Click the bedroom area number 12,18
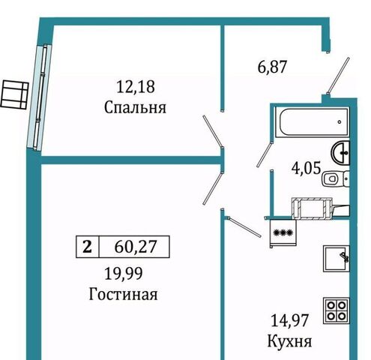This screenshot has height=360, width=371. (136, 87)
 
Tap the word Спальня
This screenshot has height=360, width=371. (135, 108)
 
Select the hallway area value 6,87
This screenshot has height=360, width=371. (272, 67)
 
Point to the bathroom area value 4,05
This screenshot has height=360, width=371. (306, 168)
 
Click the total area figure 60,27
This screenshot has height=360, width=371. (136, 247)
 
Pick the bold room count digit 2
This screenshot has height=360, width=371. (87, 247)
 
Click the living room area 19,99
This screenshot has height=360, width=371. (124, 273)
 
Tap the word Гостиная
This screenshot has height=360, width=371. (123, 294)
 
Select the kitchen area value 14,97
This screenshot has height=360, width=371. (289, 320)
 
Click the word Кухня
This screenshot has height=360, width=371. (289, 341)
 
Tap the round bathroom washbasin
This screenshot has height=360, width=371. (340, 152)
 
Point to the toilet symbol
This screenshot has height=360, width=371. (336, 178)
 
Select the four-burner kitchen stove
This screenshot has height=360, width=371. (336, 310)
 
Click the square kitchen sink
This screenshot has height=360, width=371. (337, 259)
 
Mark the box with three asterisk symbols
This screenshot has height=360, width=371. (283, 232)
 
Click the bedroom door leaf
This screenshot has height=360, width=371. (212, 130)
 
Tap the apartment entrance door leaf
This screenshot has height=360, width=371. (338, 75)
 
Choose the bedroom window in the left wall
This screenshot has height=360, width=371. (39, 97)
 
